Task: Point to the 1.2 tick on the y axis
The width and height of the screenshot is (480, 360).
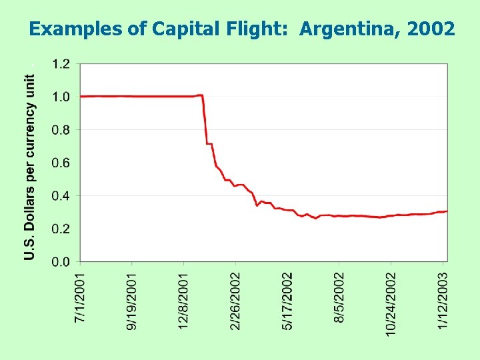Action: (61, 64)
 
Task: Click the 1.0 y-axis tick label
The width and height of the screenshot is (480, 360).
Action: (61, 97)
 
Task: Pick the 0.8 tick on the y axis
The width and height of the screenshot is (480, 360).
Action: (61, 130)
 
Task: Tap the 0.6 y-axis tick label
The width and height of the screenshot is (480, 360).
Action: (61, 163)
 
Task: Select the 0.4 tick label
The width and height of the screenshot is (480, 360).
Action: (61, 196)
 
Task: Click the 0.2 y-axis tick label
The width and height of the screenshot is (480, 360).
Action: (61, 229)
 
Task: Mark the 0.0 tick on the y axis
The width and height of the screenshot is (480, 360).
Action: (61, 261)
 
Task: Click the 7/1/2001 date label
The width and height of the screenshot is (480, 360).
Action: (80, 298)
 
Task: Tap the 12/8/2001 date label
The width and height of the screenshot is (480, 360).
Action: (184, 300)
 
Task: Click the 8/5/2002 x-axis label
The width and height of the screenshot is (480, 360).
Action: (340, 298)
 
